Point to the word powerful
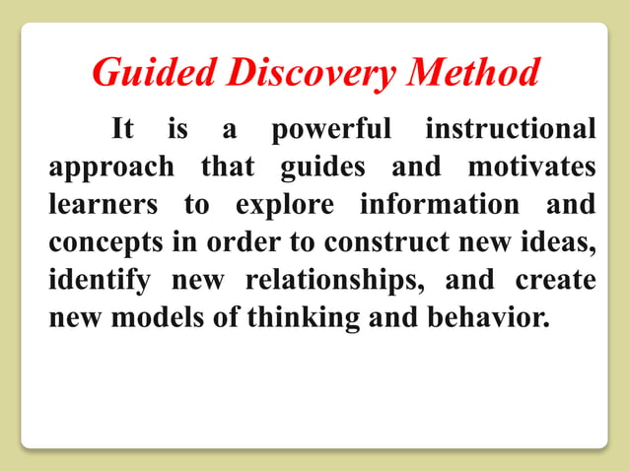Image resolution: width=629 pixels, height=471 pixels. tap(331, 130)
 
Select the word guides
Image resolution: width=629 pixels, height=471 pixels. tap(324, 168)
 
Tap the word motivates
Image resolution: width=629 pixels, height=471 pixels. tap(531, 168)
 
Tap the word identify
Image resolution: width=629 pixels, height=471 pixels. tap(99, 282)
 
